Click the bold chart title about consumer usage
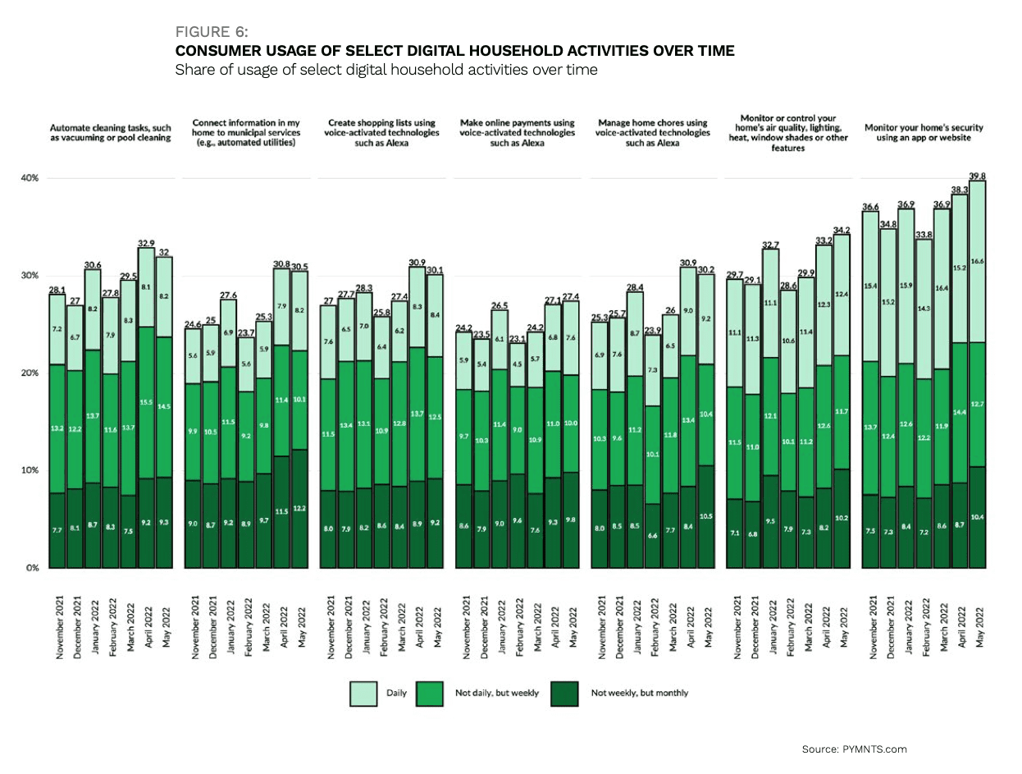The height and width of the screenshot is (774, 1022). point(455,51)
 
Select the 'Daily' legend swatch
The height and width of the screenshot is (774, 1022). point(363,693)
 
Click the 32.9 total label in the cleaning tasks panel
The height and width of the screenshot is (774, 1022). point(145,242)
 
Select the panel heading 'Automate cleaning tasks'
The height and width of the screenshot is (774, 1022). point(110,134)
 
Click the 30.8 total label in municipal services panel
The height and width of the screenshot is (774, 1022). point(281,263)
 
